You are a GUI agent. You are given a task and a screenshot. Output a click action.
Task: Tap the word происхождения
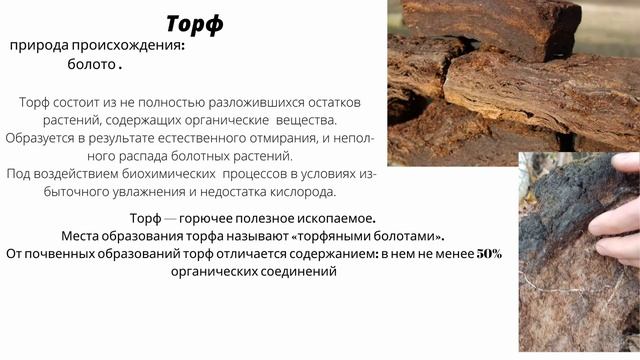[x=134, y=46]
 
